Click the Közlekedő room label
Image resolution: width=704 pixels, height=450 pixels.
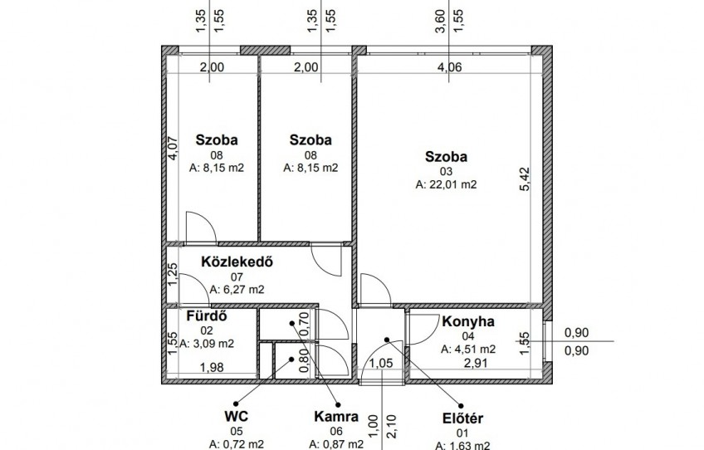[237, 262]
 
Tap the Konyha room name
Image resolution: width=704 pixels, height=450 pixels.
[468, 321]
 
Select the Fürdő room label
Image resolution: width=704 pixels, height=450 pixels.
[207, 315]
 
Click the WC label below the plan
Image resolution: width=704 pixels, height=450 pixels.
[236, 416]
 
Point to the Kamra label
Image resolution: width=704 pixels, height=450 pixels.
[336, 417]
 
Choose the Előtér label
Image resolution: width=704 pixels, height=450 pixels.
[463, 418]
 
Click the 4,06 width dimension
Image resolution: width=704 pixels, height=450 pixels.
[450, 67]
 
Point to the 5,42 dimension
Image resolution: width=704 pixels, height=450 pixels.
[525, 179]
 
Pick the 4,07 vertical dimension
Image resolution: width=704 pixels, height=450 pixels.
[173, 149]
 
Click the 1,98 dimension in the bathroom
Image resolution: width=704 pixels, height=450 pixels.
[212, 367]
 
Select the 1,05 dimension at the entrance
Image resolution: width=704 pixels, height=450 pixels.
[381, 363]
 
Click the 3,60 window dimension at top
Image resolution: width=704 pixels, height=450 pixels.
[441, 21]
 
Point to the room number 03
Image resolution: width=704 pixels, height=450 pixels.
[447, 172]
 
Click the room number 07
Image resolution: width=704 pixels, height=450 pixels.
[237, 277]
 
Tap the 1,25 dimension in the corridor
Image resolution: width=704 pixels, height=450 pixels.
[173, 274]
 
